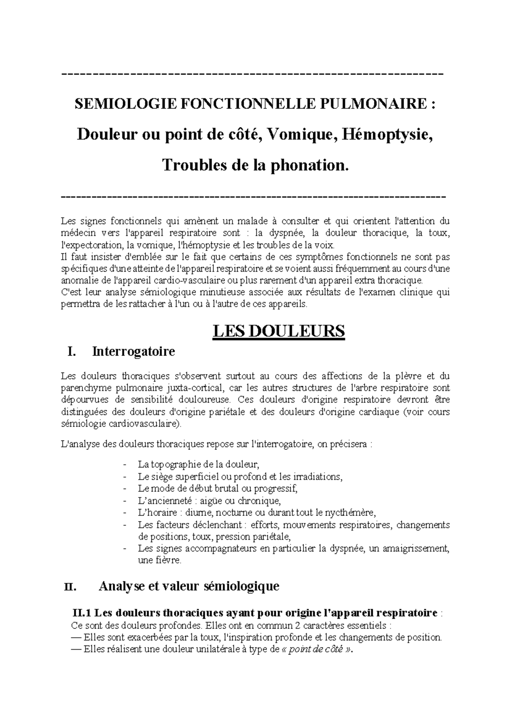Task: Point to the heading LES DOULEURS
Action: [278, 331]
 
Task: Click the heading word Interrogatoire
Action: [133, 352]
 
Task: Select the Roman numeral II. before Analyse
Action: [70, 587]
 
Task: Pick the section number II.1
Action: [82, 613]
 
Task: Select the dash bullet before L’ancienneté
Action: [124, 500]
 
